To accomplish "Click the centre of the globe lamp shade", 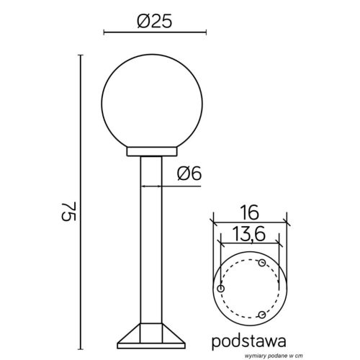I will point(155,95).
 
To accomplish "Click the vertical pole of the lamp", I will point(153,238).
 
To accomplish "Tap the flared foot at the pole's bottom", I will point(153,336).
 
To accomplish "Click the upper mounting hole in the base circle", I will point(262,263).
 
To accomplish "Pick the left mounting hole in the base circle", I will point(221,289).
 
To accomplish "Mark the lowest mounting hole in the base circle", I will point(262,315).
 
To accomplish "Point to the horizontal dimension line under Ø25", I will point(155,33).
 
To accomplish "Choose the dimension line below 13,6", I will point(249,243).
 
